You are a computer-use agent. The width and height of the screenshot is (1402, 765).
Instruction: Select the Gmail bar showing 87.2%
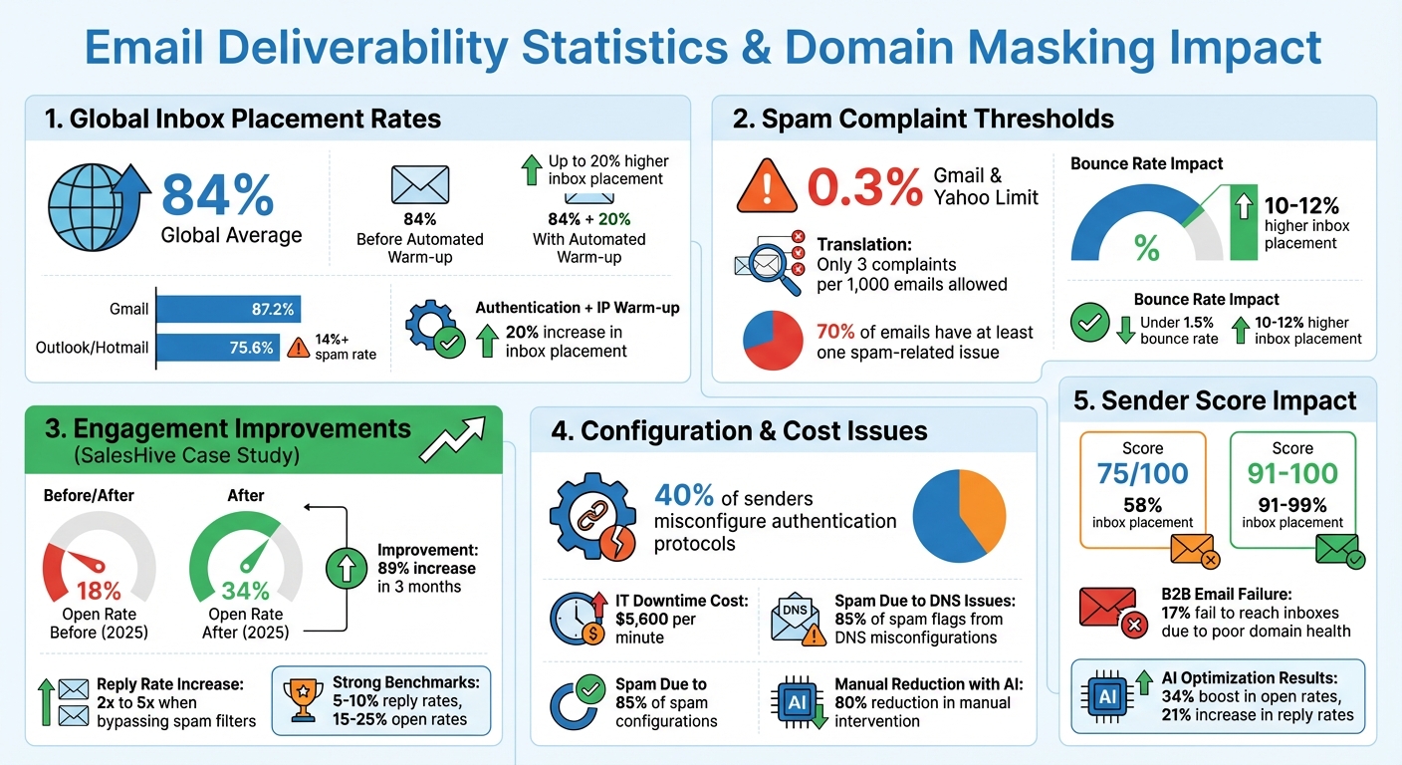tap(228, 310)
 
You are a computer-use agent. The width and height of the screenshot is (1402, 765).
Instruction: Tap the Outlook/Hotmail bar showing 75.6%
tap(216, 348)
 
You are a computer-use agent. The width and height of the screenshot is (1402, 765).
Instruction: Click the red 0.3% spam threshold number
tap(865, 186)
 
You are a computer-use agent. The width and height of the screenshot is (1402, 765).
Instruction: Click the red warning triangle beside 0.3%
tap(767, 186)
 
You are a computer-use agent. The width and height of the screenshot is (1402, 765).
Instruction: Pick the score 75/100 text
tap(1142, 474)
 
